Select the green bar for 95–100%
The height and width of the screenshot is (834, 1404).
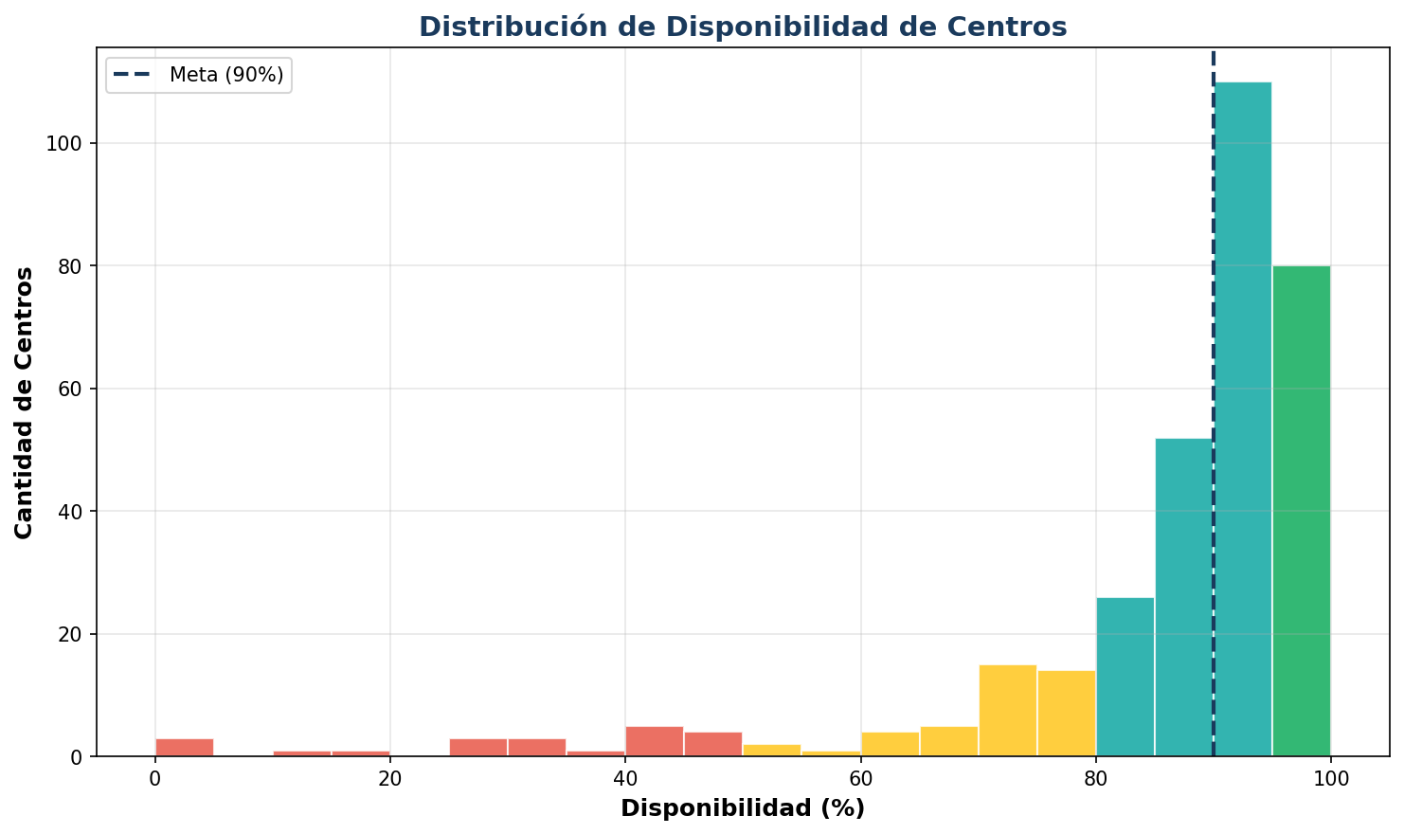point(1302,511)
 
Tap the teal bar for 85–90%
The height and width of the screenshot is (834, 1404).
point(1183,597)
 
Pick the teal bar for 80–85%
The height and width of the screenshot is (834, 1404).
point(1125,677)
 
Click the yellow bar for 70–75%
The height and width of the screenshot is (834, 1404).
point(1007,711)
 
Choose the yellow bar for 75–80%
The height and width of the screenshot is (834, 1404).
point(1066,714)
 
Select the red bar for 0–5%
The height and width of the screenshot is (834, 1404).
point(184,747)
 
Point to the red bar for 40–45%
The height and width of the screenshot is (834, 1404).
point(654,741)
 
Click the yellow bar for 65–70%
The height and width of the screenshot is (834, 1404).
point(948,741)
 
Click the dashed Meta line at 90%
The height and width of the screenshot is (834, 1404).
point(1214,284)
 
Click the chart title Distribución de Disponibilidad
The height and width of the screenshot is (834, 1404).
point(743,27)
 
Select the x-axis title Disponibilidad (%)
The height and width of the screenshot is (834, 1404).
point(743,808)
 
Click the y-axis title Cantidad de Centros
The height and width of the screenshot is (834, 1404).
point(25,403)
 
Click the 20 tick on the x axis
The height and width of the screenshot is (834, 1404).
point(389,779)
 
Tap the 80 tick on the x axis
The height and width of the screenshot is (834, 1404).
point(1095,779)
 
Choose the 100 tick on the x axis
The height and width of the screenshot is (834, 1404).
point(1330,779)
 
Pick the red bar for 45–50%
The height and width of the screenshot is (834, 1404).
point(712,744)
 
